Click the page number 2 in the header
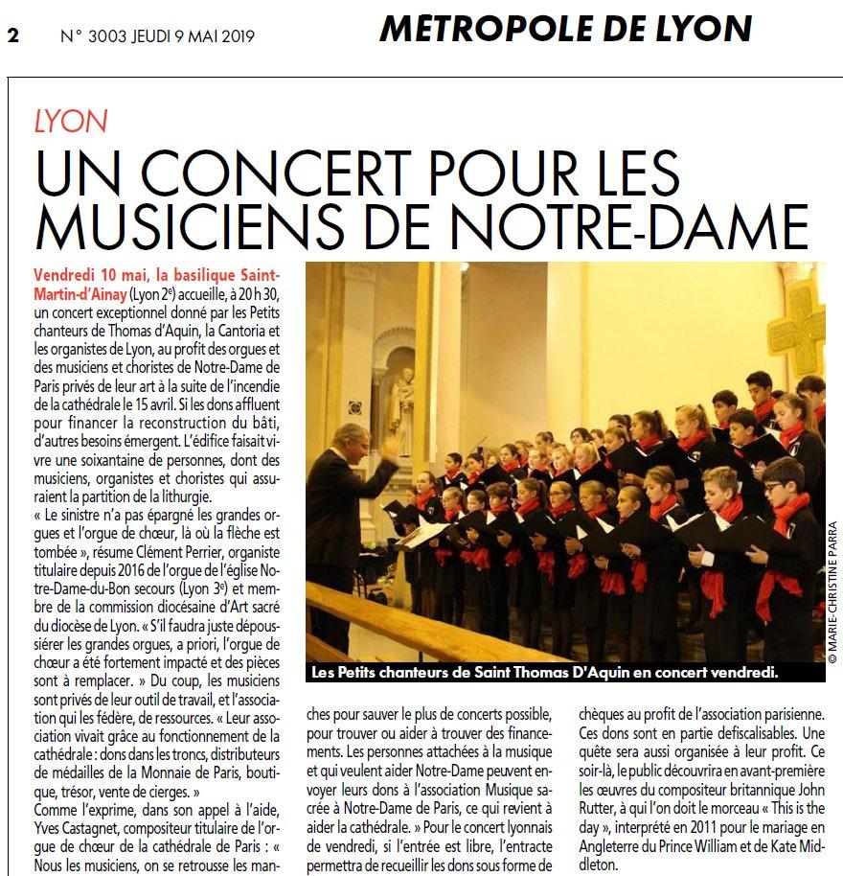tap(13, 35)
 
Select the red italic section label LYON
tap(70, 122)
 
